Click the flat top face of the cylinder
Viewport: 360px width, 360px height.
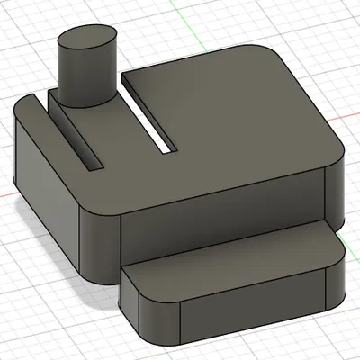(x=87, y=40)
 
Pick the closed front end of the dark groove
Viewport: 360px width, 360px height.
(x=94, y=166)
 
